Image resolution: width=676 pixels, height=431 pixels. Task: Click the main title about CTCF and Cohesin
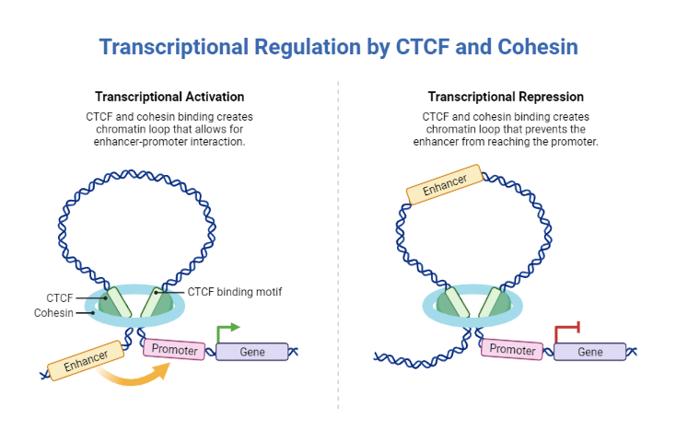pos(338,46)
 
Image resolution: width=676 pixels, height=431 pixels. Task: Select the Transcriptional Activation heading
pos(169,97)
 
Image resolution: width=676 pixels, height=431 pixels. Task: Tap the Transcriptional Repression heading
pos(506,97)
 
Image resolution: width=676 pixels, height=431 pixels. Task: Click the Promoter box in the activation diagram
pos(173,349)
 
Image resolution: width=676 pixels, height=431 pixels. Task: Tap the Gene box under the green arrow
pos(251,352)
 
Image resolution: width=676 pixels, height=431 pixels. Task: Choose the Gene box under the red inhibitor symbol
pos(589,352)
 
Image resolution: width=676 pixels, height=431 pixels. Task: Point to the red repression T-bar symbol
pos(566,330)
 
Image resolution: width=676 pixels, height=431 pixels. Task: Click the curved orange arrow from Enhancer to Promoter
pos(138,378)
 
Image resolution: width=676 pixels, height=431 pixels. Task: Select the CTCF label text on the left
pos(60,297)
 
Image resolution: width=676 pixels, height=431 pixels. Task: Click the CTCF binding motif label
pos(234,292)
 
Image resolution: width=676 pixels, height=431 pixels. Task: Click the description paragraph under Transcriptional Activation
pos(169,129)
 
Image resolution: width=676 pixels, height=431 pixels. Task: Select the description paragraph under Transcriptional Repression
pos(506,129)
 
